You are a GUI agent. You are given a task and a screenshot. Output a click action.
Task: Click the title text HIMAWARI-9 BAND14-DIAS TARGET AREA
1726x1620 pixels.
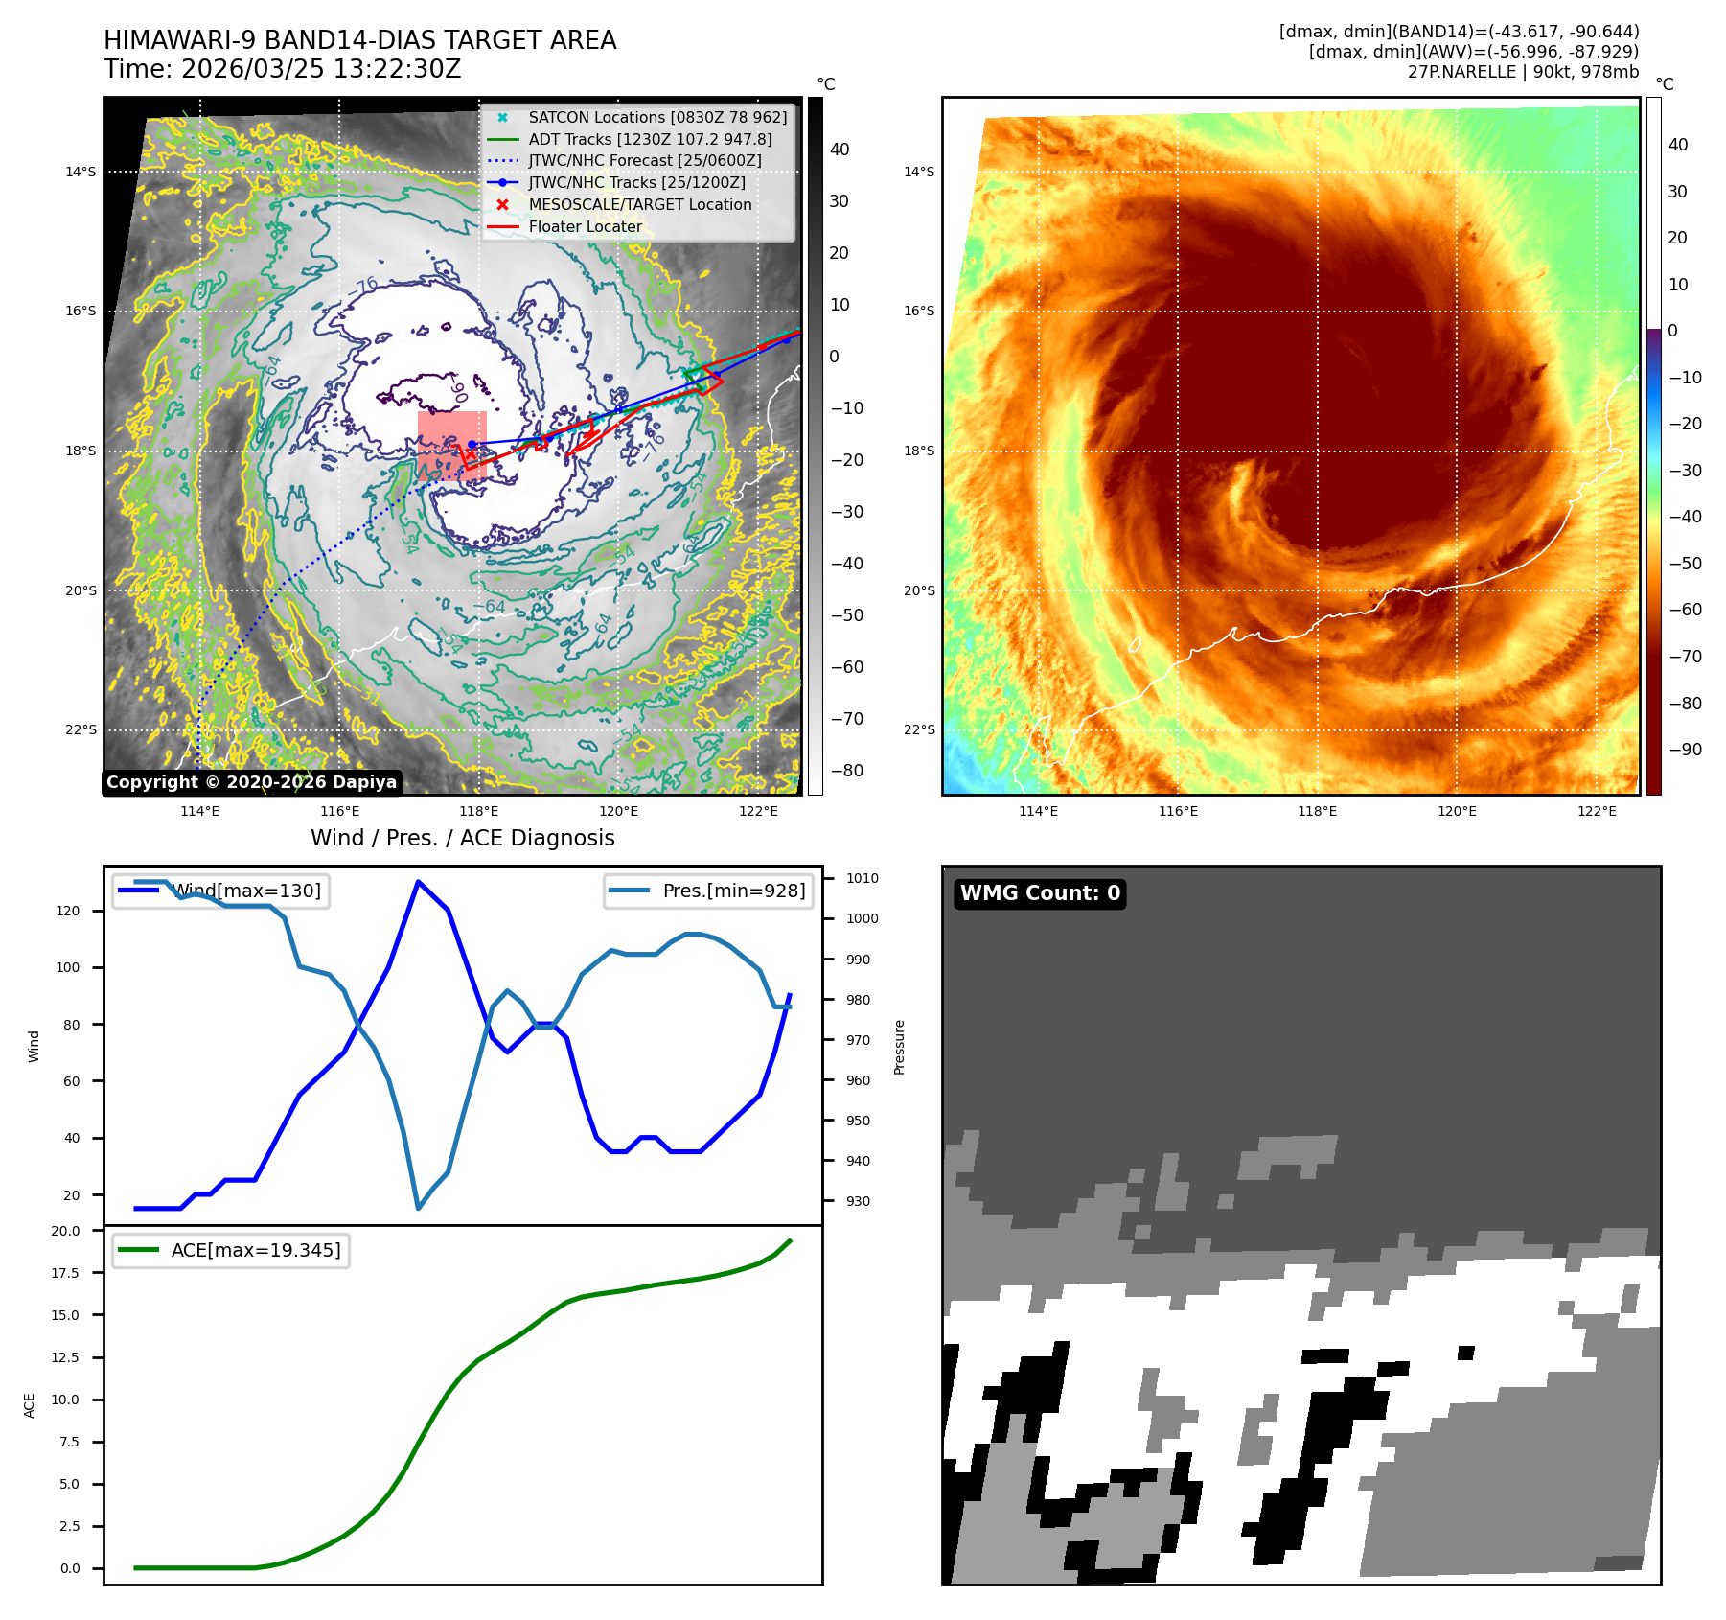coord(359,40)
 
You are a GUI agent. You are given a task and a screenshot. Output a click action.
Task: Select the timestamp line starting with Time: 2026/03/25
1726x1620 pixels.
coord(282,69)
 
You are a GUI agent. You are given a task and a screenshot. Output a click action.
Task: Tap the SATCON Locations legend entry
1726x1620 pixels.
coord(656,117)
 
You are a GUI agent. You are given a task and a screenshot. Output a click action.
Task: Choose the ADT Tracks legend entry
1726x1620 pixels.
coord(649,139)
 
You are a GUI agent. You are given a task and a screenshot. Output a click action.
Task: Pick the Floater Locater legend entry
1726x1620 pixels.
coord(585,226)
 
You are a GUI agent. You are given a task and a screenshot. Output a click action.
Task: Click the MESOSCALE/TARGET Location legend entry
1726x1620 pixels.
coord(639,204)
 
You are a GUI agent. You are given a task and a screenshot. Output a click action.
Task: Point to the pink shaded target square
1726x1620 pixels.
coord(452,445)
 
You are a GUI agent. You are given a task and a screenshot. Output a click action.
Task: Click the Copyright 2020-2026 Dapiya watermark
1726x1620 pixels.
coord(251,782)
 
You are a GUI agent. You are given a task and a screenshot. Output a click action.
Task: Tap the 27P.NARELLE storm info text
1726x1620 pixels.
coord(1523,72)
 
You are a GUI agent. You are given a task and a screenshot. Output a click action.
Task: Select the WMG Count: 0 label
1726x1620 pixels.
coord(1040,893)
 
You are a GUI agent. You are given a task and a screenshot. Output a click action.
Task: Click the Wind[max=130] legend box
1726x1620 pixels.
coord(220,891)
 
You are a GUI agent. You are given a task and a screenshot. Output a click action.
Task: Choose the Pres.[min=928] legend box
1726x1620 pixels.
coord(708,891)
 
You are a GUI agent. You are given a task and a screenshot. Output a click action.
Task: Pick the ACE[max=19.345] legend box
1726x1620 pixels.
coord(230,1250)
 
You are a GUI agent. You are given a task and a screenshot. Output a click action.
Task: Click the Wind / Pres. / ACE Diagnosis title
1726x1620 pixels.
coord(462,838)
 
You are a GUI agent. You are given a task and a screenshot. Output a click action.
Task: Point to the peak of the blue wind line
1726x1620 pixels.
coord(418,882)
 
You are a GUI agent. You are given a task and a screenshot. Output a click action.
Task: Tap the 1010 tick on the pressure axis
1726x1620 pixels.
coord(862,878)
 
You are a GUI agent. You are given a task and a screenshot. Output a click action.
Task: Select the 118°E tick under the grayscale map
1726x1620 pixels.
coord(478,812)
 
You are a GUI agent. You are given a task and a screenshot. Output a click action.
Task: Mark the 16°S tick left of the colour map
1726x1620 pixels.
coord(918,312)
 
